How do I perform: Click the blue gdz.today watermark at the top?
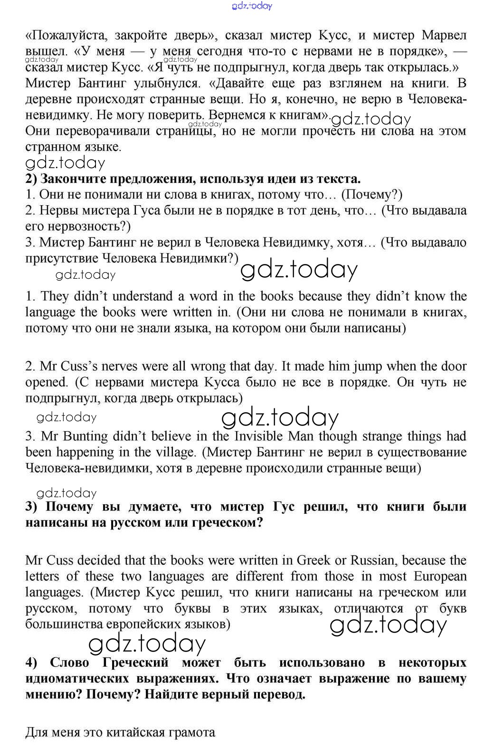coord(252,6)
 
